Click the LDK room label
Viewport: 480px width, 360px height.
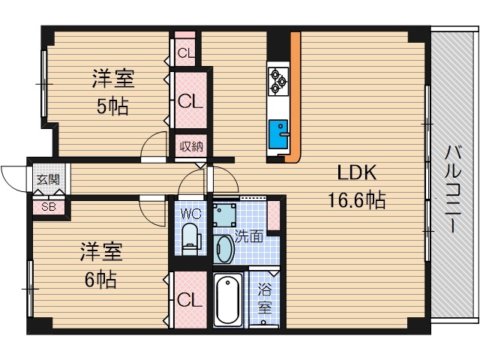[x=355, y=173]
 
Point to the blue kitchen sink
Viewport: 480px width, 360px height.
[x=278, y=133]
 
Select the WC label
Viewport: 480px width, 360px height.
[x=190, y=213]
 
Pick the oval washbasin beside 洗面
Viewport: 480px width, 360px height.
[x=223, y=248]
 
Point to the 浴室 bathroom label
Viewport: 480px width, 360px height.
[x=265, y=298]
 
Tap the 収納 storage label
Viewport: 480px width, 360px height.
[x=190, y=146]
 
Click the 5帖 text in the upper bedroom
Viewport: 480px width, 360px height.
[x=112, y=106]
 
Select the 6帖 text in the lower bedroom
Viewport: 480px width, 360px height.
[x=99, y=279]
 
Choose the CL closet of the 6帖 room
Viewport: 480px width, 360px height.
[x=190, y=300]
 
